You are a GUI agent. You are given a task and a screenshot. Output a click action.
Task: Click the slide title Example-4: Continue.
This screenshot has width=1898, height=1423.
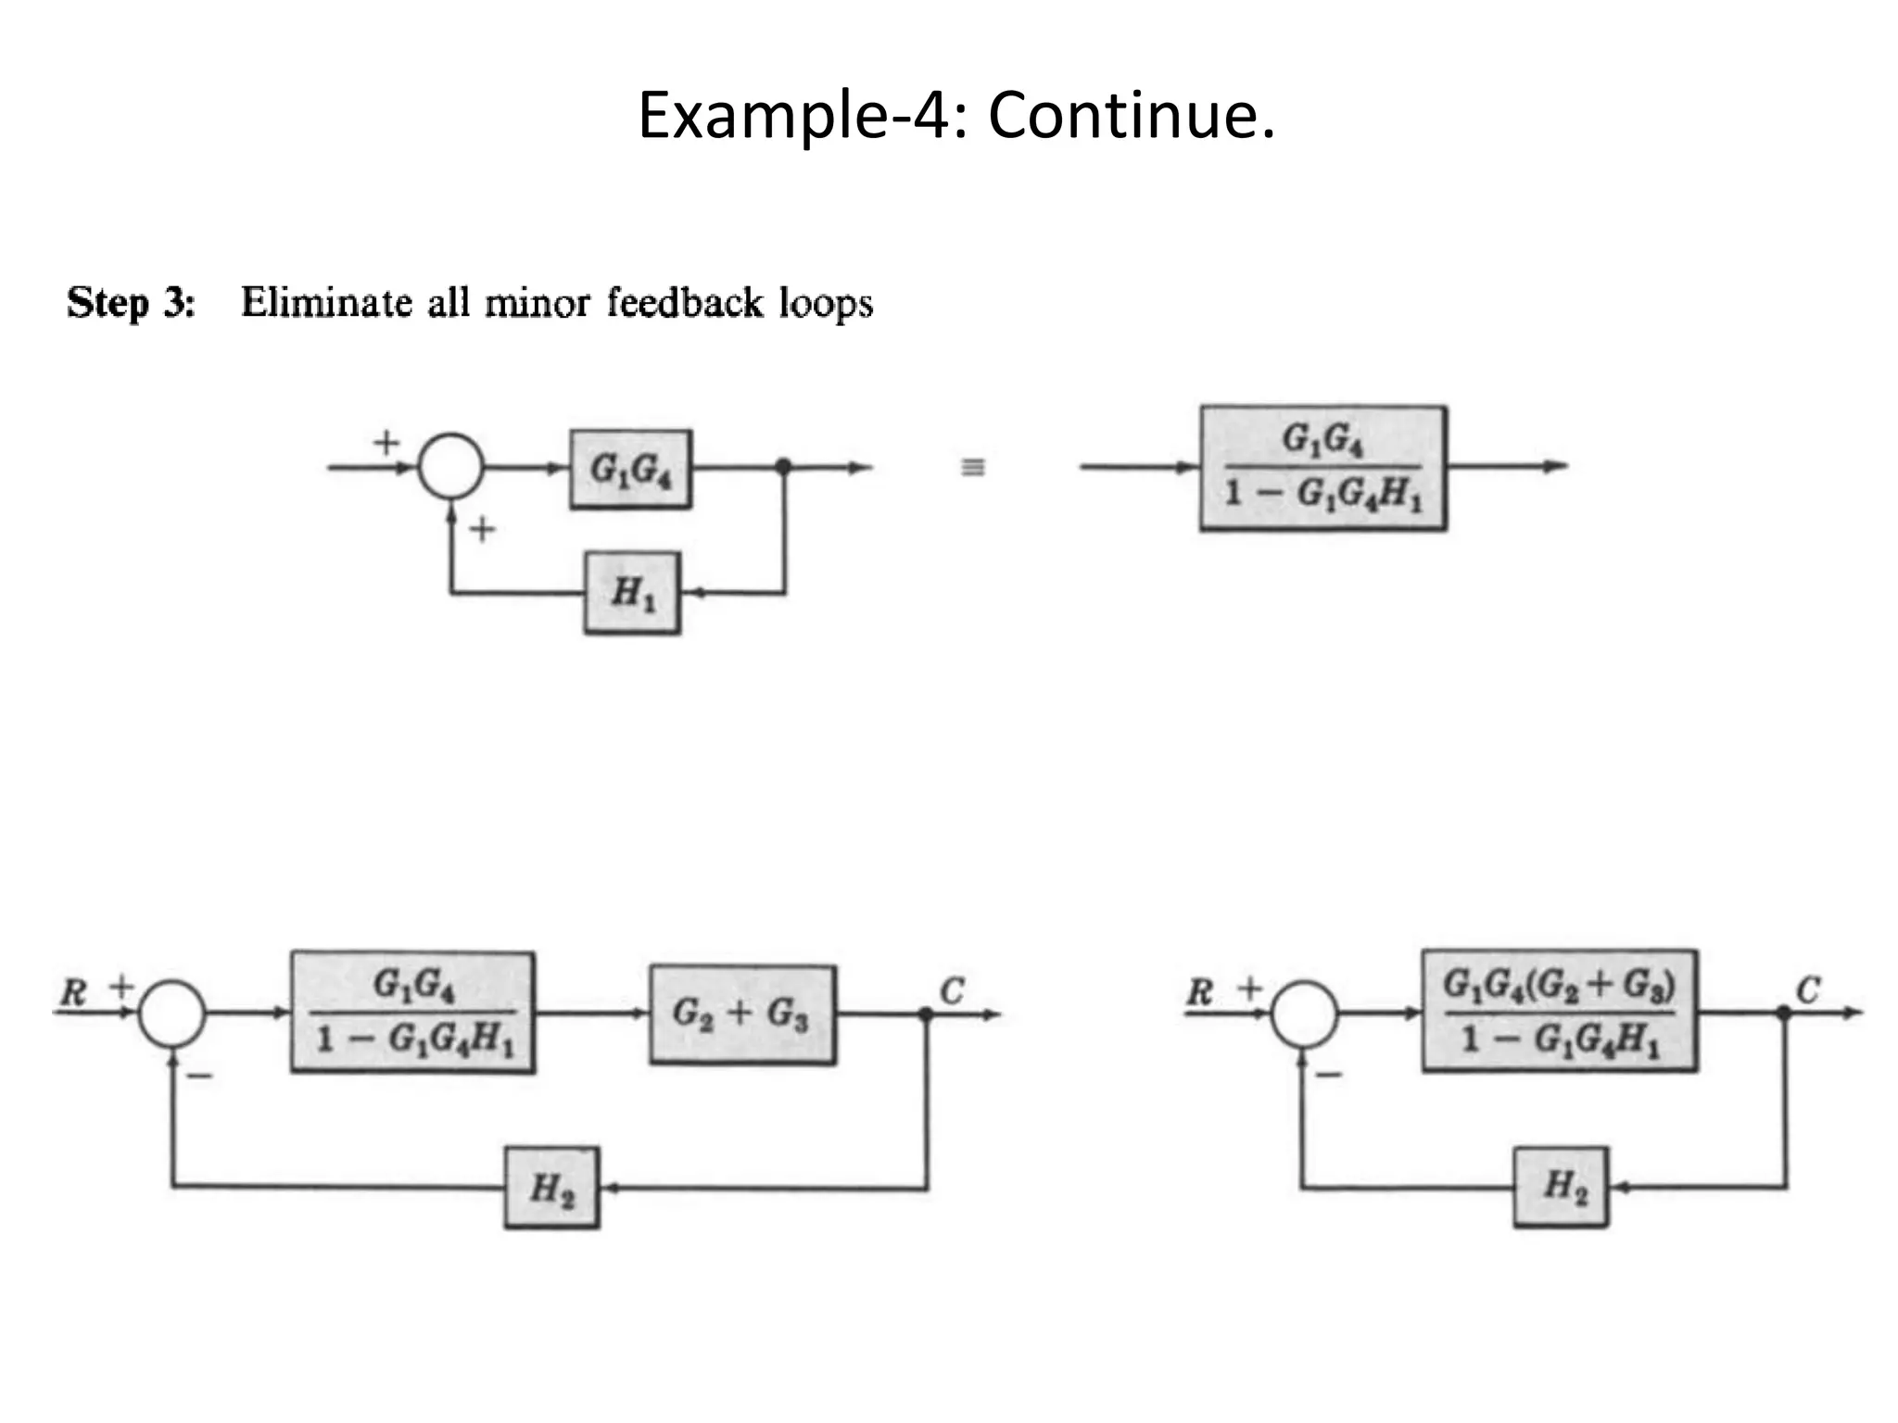(x=955, y=116)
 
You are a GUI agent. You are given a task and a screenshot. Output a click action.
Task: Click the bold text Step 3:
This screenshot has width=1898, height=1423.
(x=132, y=303)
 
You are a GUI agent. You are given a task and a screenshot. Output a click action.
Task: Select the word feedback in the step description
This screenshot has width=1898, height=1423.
(x=685, y=303)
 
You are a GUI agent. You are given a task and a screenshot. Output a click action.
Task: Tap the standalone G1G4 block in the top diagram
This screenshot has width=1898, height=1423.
(x=630, y=469)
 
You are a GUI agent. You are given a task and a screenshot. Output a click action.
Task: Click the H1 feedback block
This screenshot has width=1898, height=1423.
(x=632, y=593)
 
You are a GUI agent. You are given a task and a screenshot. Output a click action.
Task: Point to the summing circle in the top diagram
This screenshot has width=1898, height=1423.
(x=450, y=467)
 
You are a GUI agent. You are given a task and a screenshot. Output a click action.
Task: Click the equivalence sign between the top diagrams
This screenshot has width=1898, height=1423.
(x=972, y=467)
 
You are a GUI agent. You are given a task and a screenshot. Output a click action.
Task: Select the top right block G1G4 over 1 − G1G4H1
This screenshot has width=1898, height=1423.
(x=1322, y=468)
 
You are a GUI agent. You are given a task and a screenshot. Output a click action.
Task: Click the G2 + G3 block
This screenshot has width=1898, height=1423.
(x=741, y=1014)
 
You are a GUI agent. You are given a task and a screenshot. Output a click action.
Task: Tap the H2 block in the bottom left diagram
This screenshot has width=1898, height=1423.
(x=551, y=1188)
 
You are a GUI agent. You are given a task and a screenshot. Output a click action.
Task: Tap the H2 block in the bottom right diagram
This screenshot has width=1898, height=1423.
(x=1561, y=1187)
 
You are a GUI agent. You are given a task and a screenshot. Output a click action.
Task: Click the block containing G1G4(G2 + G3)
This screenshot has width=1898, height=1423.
(x=1559, y=1011)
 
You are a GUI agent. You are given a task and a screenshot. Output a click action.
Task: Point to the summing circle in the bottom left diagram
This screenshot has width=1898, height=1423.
(x=172, y=1014)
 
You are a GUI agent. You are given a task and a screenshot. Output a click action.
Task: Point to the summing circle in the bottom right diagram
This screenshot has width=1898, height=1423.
(x=1303, y=1014)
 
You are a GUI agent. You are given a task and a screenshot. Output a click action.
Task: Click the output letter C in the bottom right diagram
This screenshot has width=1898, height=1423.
(x=1808, y=990)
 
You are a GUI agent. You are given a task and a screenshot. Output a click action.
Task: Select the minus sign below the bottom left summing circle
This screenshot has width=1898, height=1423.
(x=199, y=1076)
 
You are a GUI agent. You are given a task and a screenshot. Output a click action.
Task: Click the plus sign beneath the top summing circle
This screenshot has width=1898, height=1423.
(x=482, y=530)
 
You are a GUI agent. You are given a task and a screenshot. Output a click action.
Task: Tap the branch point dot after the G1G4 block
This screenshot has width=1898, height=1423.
(x=784, y=466)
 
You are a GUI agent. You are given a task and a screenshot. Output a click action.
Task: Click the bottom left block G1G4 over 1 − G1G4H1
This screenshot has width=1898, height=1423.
(x=412, y=1013)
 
